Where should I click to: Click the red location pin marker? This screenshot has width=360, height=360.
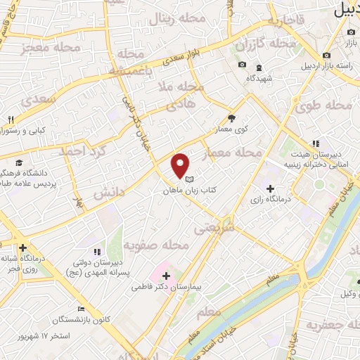(181, 166)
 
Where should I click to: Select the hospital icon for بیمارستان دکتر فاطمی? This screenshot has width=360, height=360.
(166, 274)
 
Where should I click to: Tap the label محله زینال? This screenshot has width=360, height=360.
(183, 18)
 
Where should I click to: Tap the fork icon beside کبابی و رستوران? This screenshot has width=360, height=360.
(11, 120)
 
